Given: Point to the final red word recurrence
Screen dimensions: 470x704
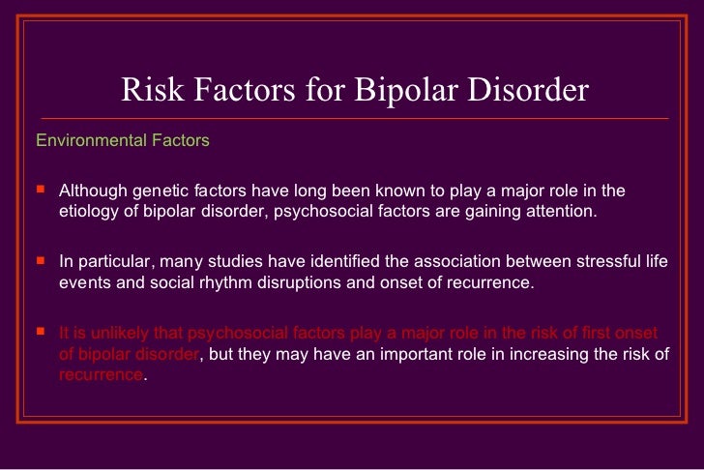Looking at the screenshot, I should (x=101, y=376).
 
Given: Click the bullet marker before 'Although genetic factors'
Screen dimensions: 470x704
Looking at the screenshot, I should (x=40, y=189).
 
